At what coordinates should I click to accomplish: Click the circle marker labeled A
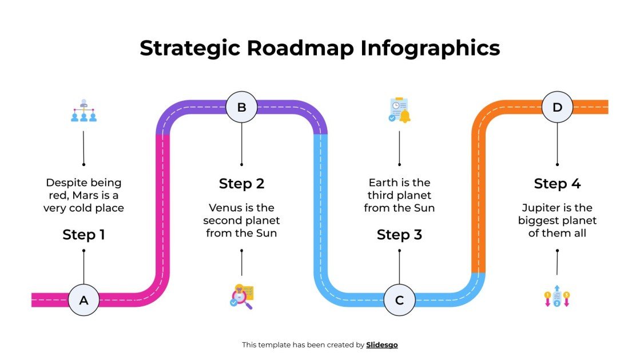(x=84, y=300)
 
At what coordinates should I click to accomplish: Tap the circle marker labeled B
(x=241, y=107)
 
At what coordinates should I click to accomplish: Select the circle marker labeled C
(x=399, y=300)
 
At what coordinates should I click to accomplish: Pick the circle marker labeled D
(x=557, y=107)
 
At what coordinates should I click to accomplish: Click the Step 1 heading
(x=84, y=235)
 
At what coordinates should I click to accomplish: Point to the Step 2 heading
(x=241, y=184)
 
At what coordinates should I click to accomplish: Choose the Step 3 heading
(x=399, y=235)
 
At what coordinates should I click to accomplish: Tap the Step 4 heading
(x=557, y=184)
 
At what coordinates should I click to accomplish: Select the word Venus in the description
(x=225, y=208)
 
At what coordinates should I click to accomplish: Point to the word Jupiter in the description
(x=540, y=208)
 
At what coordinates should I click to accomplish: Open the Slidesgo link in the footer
(x=381, y=345)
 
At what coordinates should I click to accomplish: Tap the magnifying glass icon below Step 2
(x=241, y=296)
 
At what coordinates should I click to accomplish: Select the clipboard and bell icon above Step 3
(x=399, y=110)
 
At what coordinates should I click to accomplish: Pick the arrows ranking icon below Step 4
(x=557, y=298)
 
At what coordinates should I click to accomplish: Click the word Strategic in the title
(x=190, y=48)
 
